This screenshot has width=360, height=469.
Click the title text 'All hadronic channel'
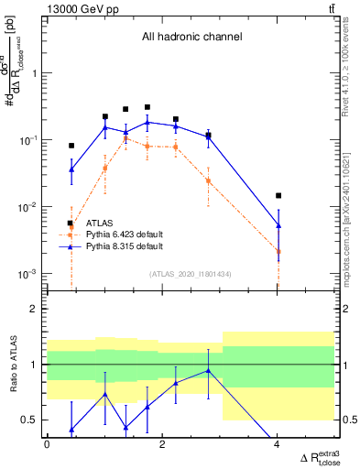pyautogui.click(x=191, y=38)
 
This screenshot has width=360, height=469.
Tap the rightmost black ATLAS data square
pyautogui.click(x=278, y=195)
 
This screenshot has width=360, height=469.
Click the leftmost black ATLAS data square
pyautogui.click(x=71, y=146)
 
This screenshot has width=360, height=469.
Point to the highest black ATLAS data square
pyautogui.click(x=147, y=107)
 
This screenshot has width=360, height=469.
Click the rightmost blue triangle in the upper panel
pyautogui.click(x=278, y=225)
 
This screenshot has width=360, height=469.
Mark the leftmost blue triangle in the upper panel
pyautogui.click(x=71, y=169)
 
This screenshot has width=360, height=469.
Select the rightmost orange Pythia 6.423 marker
pyautogui.click(x=278, y=251)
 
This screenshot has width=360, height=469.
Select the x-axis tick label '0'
pyautogui.click(x=47, y=445)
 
